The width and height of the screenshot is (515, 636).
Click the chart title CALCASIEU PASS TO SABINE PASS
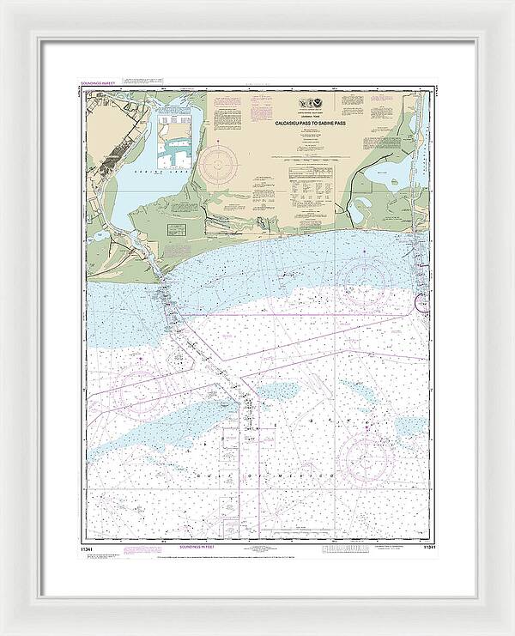point(310,124)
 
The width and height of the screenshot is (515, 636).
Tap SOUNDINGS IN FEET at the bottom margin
point(198,546)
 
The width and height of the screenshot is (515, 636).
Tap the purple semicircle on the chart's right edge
point(421,303)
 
